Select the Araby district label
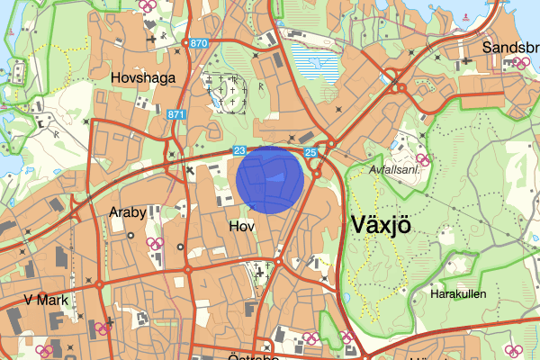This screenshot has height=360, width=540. (127, 213)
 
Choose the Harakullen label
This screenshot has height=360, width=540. (459, 293)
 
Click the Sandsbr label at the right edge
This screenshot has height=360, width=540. (510, 48)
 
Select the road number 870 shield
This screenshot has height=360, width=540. (198, 43)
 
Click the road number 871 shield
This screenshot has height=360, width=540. (176, 114)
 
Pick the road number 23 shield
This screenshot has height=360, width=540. (239, 151)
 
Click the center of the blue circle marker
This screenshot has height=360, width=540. (269, 180)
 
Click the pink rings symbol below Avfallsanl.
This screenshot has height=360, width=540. (422, 160)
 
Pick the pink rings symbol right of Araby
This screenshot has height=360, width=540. (156, 243)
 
